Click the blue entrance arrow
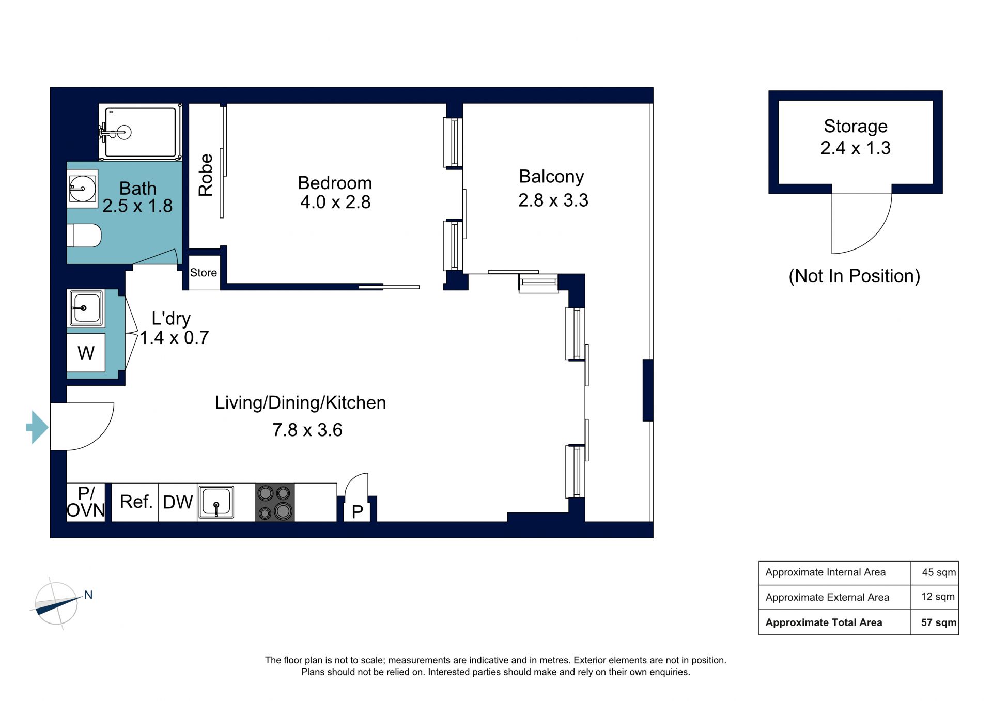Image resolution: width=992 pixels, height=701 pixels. [x=37, y=427]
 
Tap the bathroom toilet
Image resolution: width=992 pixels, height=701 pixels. [x=84, y=236]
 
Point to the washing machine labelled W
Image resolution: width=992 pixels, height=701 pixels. [x=86, y=353]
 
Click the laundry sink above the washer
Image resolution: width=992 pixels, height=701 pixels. [x=86, y=308]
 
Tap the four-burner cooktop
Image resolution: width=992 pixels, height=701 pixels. [x=275, y=502]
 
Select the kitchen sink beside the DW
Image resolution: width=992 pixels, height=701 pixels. [x=216, y=502]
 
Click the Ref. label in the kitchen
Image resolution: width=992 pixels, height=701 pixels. [x=136, y=502]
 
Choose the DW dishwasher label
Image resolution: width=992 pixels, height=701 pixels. [x=178, y=502]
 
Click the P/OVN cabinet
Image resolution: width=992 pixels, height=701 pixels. [x=86, y=502]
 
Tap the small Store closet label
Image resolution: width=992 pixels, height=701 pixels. [x=204, y=272]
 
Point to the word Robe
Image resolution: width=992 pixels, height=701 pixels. [x=206, y=175]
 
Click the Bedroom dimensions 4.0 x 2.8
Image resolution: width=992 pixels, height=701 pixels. [x=335, y=202]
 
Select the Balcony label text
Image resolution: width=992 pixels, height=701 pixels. [x=551, y=177]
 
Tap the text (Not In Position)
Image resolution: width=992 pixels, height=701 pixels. [x=855, y=276]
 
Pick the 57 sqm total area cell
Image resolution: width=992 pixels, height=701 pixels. [x=939, y=622]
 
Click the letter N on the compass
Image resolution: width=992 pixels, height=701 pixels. [x=88, y=595]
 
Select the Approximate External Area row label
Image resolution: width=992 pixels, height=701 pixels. [x=827, y=597]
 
